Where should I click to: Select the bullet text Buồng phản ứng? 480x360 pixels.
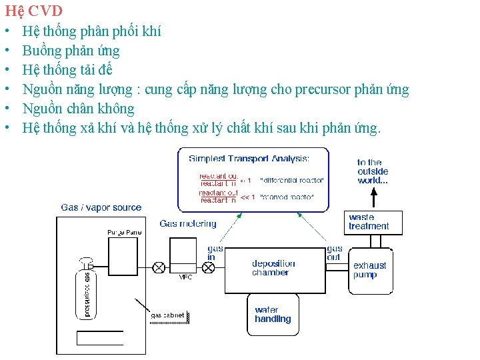71,51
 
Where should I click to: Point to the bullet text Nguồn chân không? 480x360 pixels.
78,109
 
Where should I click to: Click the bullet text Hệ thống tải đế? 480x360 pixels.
67,70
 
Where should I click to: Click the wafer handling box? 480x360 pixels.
273,315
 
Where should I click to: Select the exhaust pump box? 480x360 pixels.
370,270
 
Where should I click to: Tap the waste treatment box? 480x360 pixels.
375,222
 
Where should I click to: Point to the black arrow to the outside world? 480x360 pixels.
374,197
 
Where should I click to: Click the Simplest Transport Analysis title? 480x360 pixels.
249,159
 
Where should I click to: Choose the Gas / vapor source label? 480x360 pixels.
101,208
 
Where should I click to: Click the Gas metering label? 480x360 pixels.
188,224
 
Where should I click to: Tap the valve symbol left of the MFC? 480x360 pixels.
159,267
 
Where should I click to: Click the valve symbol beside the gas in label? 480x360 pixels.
209,267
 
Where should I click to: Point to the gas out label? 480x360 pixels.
335,253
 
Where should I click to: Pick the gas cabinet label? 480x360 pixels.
167,315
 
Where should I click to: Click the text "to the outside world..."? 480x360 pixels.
373,171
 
